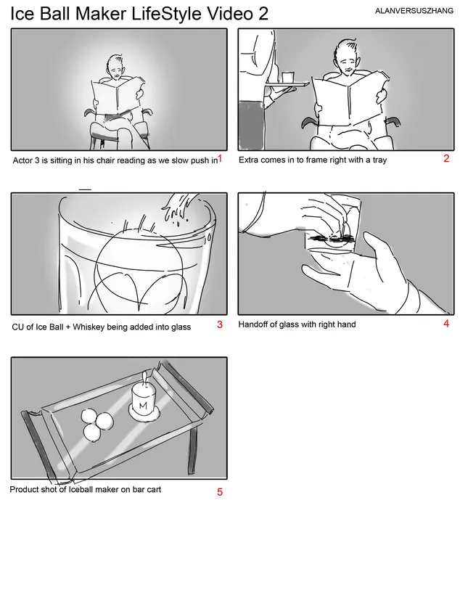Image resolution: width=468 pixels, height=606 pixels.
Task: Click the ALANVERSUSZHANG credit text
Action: [414, 11]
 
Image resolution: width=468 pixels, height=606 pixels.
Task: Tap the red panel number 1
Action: [220, 158]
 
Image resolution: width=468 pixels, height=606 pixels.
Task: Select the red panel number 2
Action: [446, 158]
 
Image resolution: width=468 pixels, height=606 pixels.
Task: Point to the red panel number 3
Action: [220, 324]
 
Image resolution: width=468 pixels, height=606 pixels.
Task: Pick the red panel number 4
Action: [446, 324]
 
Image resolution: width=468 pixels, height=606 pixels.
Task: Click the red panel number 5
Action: [220, 492]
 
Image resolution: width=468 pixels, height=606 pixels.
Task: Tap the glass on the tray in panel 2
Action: [288, 78]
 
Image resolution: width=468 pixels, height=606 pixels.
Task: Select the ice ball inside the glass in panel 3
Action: [139, 266]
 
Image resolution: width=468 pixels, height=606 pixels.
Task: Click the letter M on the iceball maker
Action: [143, 406]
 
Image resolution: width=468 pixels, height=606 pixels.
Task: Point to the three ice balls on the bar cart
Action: [97, 425]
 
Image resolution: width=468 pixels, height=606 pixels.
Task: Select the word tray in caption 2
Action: [379, 160]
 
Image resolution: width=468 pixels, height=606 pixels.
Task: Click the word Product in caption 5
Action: [24, 489]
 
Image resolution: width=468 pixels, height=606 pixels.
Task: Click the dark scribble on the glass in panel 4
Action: [330, 239]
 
